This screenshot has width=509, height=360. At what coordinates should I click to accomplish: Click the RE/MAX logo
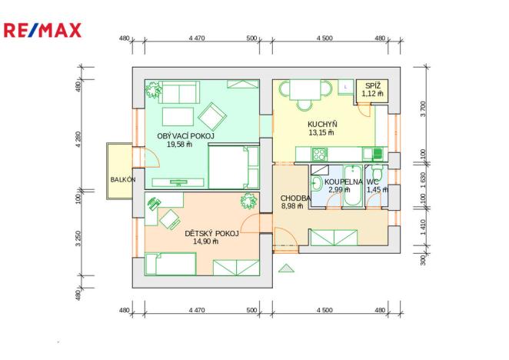pos(42,31)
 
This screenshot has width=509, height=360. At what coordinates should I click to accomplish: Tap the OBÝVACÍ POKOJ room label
pos(185,136)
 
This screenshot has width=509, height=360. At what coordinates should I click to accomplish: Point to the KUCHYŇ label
pos(322,124)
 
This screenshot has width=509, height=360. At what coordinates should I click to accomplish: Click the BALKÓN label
pos(122,179)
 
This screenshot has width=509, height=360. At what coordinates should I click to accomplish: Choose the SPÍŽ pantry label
pos(372,86)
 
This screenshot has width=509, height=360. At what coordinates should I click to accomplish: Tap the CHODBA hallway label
pos(295,198)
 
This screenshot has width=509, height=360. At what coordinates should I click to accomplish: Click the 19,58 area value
pos(179,145)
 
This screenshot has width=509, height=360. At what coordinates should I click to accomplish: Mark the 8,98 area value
pos(293,206)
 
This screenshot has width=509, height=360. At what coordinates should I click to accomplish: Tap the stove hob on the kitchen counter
pos(376,152)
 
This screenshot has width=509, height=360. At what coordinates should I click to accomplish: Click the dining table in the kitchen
pos(305,92)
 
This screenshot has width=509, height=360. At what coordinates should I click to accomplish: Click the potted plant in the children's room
pos(248,202)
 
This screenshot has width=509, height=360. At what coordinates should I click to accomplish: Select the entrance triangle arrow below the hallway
pos(286,268)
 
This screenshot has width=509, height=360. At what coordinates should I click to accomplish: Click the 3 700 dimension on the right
pos(422,108)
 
